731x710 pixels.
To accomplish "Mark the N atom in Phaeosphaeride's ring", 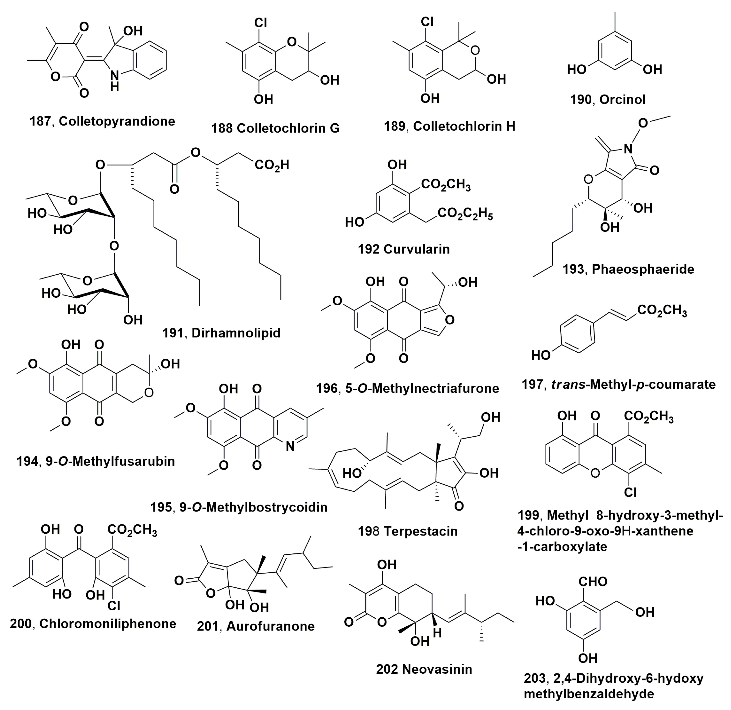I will [628, 149].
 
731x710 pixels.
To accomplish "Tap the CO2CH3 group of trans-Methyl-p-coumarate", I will [662, 310].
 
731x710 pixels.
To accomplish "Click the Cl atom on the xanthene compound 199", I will [630, 492].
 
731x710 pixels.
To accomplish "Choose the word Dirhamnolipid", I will [236, 333].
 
